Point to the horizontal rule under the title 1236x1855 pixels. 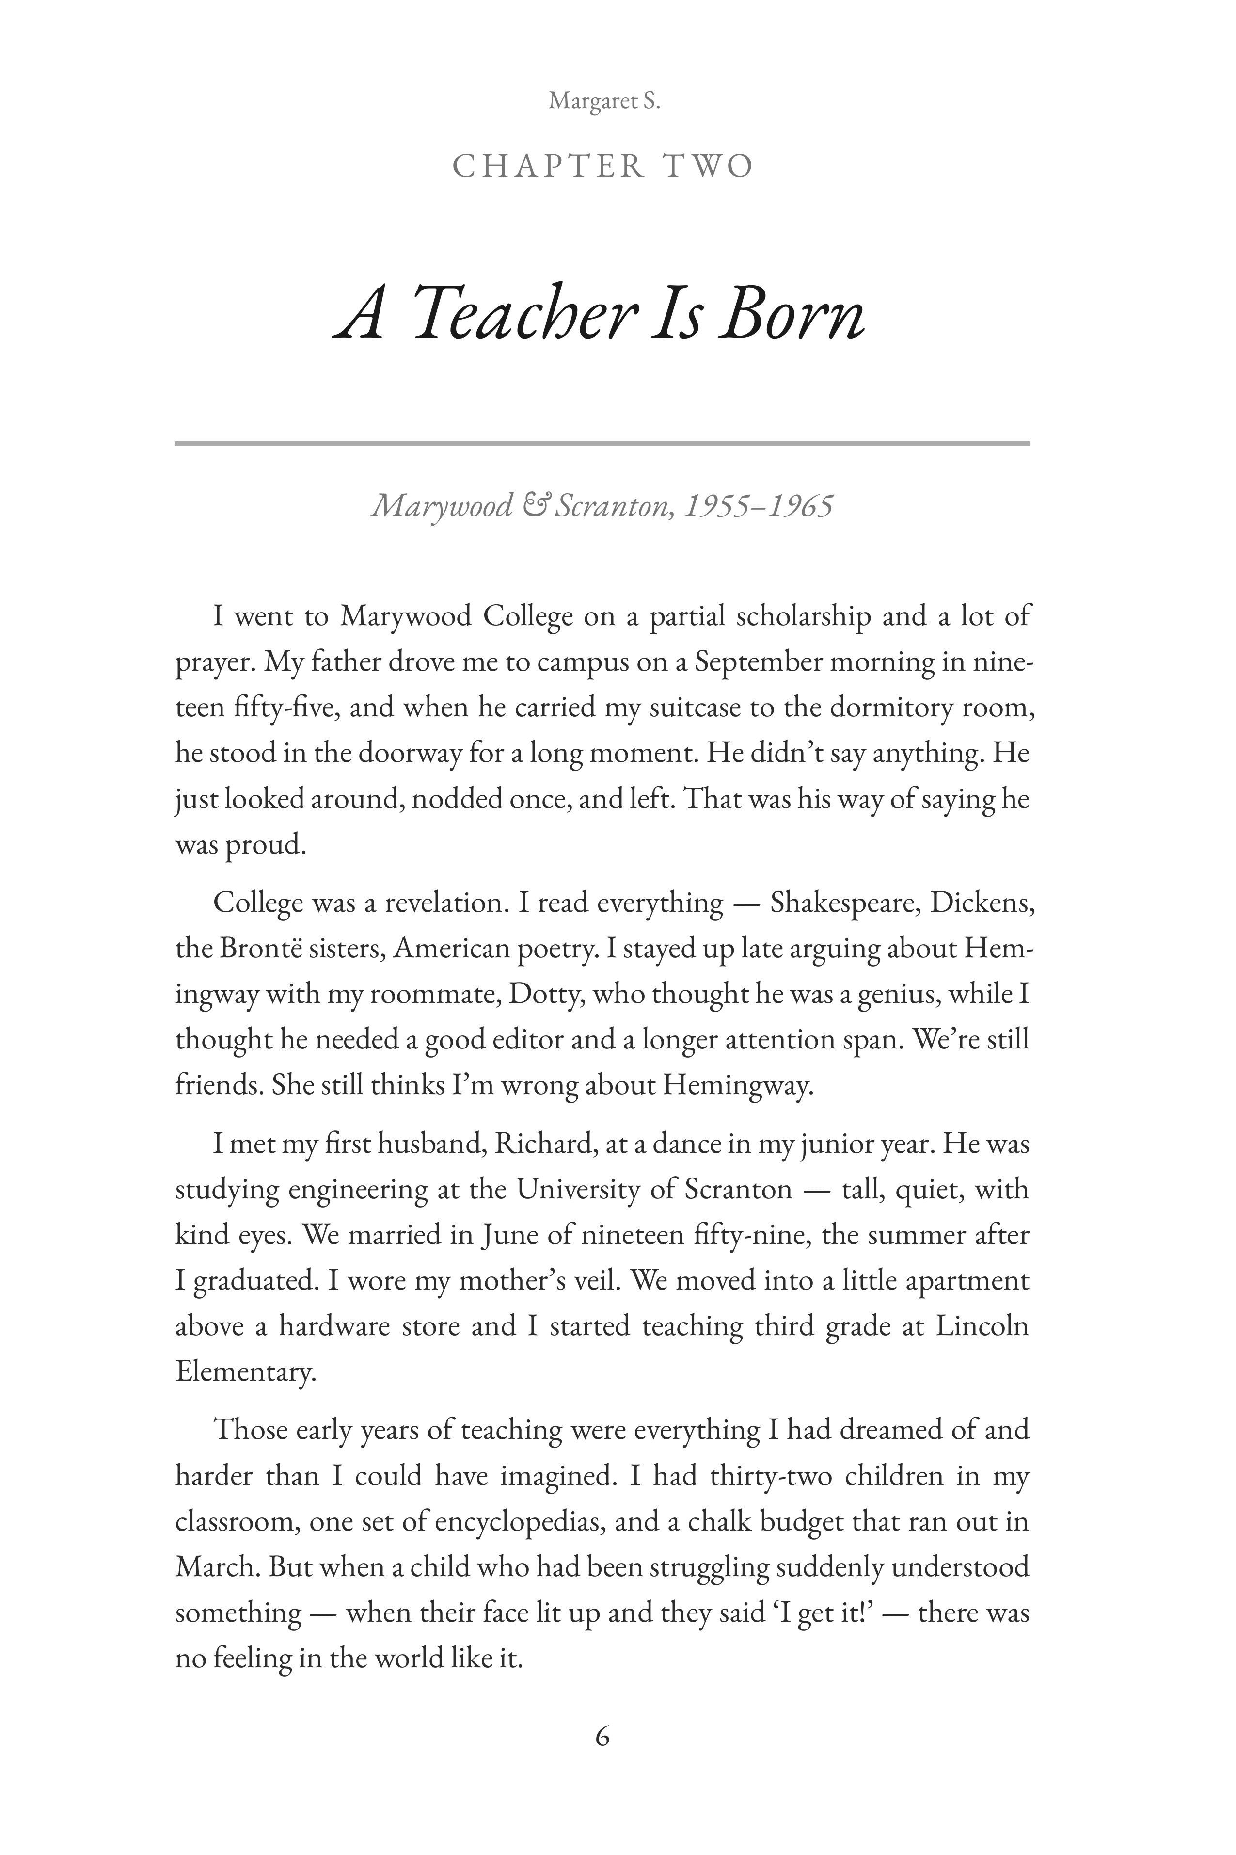(x=602, y=443)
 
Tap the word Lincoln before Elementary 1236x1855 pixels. (x=982, y=1326)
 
